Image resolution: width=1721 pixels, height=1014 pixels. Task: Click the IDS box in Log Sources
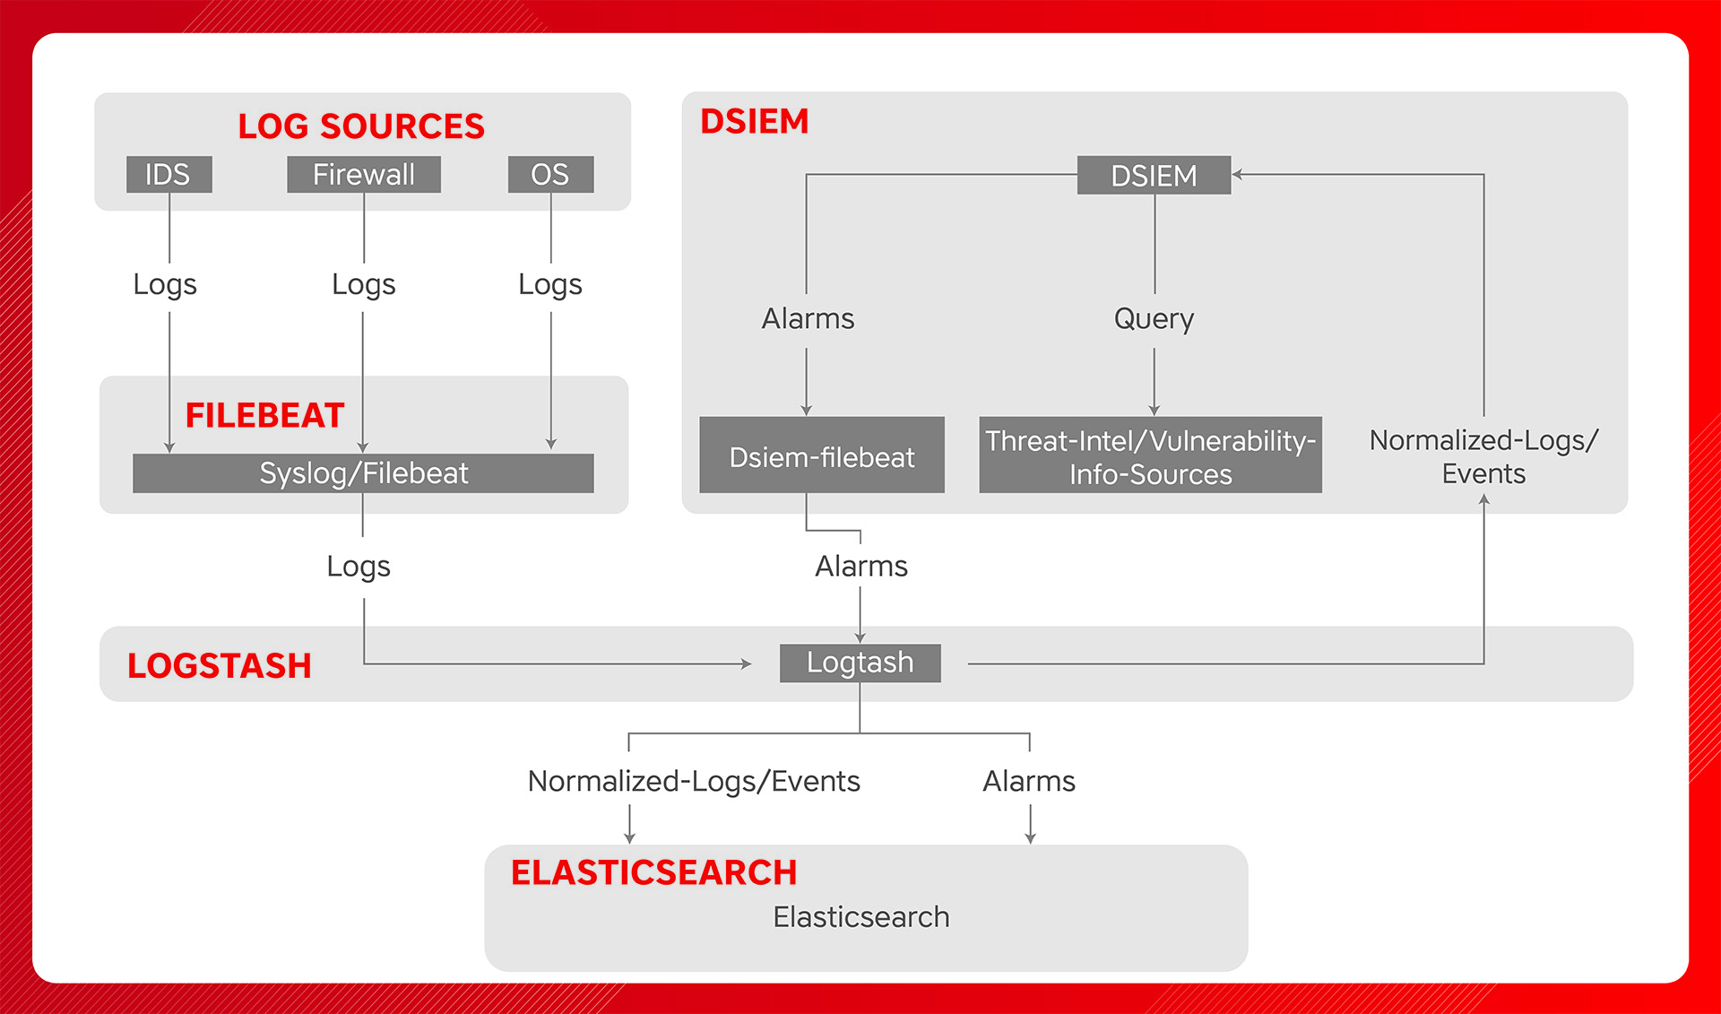pyautogui.click(x=169, y=174)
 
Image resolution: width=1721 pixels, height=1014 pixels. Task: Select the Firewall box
pyautogui.click(x=363, y=174)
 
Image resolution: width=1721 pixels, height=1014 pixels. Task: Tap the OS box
pyautogui.click(x=549, y=174)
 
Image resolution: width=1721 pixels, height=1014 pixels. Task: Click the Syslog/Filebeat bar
pyautogui.click(x=363, y=472)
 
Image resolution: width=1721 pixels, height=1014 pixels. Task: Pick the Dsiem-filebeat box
pyautogui.click(x=821, y=455)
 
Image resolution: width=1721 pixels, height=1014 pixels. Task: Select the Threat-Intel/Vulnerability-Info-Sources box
pyautogui.click(x=1150, y=455)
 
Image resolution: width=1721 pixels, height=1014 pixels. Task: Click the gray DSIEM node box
pyautogui.click(x=1154, y=176)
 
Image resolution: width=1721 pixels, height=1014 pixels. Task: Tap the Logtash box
pyautogui.click(x=860, y=663)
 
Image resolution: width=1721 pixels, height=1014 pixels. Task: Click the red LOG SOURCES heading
pyautogui.click(x=361, y=126)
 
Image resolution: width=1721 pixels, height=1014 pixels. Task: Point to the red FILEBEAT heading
pyautogui.click(x=264, y=415)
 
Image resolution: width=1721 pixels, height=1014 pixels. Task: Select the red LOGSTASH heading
pyautogui.click(x=220, y=665)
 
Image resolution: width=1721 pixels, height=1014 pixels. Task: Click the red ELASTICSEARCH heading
pyautogui.click(x=653, y=872)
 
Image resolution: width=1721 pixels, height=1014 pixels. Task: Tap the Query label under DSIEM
pyautogui.click(x=1154, y=318)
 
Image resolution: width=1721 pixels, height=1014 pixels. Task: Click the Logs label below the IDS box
pyautogui.click(x=165, y=284)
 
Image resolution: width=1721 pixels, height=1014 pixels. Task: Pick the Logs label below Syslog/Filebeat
pyautogui.click(x=359, y=567)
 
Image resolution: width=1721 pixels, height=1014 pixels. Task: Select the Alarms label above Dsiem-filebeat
pyautogui.click(x=808, y=318)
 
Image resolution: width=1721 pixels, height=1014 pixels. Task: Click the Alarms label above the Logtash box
pyautogui.click(x=860, y=567)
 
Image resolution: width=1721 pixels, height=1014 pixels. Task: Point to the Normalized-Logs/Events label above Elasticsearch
pyautogui.click(x=694, y=781)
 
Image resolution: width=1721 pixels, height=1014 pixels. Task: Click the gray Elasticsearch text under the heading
pyautogui.click(x=860, y=917)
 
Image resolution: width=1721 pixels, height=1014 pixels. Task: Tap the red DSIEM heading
pyautogui.click(x=754, y=121)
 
